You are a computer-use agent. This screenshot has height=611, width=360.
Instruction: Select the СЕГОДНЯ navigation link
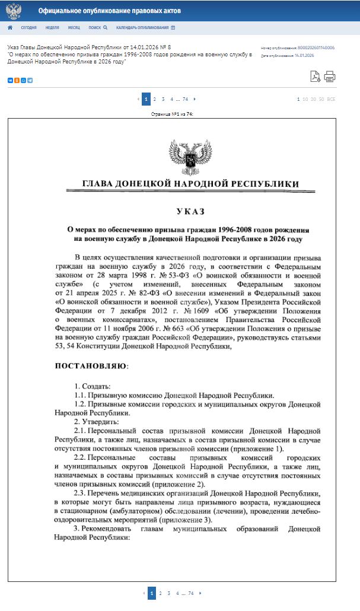(29, 27)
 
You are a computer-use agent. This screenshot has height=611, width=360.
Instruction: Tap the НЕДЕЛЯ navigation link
(52, 27)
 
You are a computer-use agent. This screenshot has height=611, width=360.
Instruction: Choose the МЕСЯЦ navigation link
(74, 27)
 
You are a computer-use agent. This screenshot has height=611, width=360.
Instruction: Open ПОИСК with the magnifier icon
(98, 27)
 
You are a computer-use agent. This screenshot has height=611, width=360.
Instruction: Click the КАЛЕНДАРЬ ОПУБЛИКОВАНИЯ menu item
(145, 27)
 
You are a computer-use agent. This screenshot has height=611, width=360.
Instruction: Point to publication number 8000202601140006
(316, 47)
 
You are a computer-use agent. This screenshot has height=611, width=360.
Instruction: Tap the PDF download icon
(316, 76)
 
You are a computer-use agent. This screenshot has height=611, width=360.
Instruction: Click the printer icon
(330, 76)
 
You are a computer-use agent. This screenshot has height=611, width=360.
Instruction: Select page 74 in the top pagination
(186, 99)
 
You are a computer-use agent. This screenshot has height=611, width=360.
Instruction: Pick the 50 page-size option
(321, 99)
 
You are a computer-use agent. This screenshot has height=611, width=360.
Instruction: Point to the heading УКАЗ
(190, 211)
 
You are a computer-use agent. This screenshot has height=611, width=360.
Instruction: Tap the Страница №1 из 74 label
(172, 113)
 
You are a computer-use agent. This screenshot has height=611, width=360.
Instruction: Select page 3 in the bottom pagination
(169, 593)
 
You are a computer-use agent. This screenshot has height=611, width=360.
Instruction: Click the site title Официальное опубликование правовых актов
(110, 11)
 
